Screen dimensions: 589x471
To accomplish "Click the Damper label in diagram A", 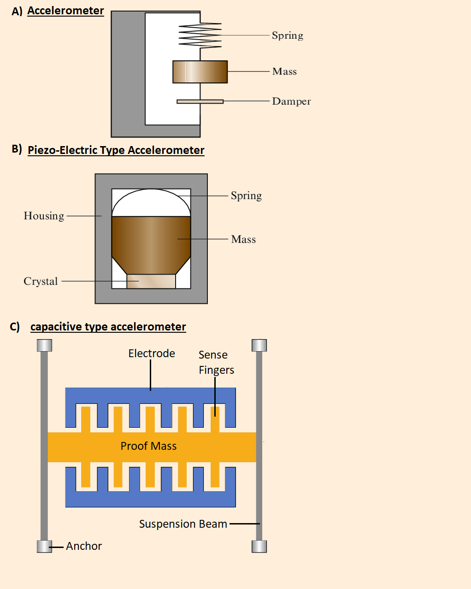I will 291,101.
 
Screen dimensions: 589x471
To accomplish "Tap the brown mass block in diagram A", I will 200,72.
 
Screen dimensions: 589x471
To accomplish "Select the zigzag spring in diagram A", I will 200,35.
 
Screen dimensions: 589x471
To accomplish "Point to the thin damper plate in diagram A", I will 200,101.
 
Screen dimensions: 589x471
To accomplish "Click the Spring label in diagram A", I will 288,35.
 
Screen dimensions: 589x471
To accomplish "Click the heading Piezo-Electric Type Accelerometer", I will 116,150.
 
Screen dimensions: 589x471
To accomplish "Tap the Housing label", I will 44,216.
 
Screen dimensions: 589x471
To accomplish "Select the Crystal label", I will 41,281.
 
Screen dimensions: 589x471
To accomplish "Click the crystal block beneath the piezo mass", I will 151,282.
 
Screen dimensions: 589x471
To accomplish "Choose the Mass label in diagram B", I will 243,239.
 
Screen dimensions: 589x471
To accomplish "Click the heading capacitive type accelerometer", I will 108,327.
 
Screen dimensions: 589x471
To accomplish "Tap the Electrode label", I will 152,353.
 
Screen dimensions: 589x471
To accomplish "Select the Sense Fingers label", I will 216,362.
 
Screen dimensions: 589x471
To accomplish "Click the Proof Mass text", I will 148,446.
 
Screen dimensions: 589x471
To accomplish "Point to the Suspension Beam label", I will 183,524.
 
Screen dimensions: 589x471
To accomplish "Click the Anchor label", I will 84,546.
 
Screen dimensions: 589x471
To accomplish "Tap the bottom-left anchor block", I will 44,546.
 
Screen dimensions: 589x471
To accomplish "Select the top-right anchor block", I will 259,345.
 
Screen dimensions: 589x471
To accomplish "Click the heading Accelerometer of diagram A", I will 65,11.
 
